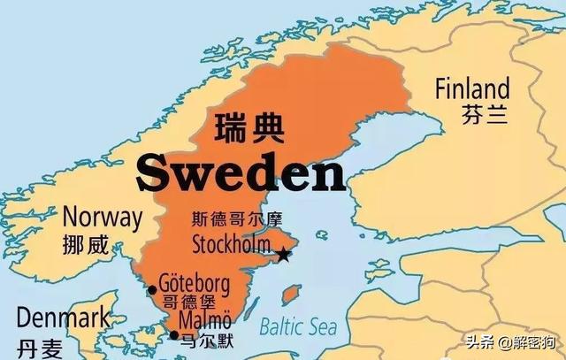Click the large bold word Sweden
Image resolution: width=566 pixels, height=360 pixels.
pyautogui.click(x=241, y=173)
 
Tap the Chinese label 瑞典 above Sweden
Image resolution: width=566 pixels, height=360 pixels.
pyautogui.click(x=250, y=127)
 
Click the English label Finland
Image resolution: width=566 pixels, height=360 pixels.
pyautogui.click(x=471, y=88)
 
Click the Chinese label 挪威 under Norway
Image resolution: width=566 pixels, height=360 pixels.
pyautogui.click(x=86, y=245)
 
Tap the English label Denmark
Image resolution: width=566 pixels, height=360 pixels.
pyautogui.click(x=64, y=316)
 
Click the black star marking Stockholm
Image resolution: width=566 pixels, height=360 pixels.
pyautogui.click(x=283, y=255)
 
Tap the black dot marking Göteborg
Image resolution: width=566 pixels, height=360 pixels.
pyautogui.click(x=152, y=288)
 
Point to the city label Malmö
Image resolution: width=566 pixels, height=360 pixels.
pyautogui.click(x=205, y=320)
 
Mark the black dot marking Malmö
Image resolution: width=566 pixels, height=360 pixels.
pyautogui.click(x=173, y=334)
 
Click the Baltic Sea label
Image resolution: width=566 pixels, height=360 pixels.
pyautogui.click(x=299, y=327)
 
